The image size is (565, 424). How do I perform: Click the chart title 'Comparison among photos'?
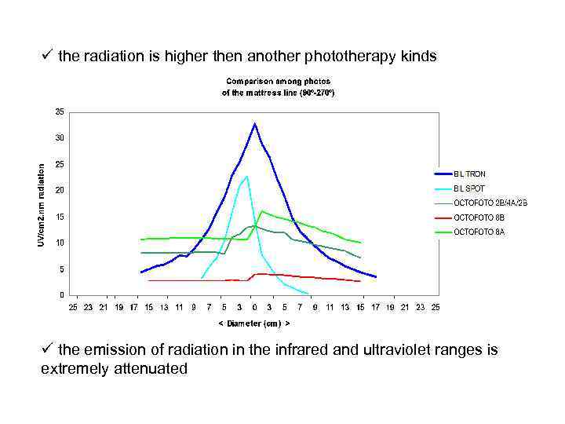point(279,81)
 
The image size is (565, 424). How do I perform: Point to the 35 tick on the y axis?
point(60,111)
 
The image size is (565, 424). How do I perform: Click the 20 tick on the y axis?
point(60,190)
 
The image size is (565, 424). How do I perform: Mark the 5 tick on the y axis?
point(62,269)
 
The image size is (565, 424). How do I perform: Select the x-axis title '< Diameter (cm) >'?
point(253,323)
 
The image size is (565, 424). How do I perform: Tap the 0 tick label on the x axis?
point(253,306)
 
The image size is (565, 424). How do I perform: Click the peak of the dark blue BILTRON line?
point(254,123)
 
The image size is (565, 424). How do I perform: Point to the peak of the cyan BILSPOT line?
point(247,176)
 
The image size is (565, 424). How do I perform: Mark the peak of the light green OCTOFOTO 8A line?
point(261,210)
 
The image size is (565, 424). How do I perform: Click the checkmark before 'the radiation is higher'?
point(47,56)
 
